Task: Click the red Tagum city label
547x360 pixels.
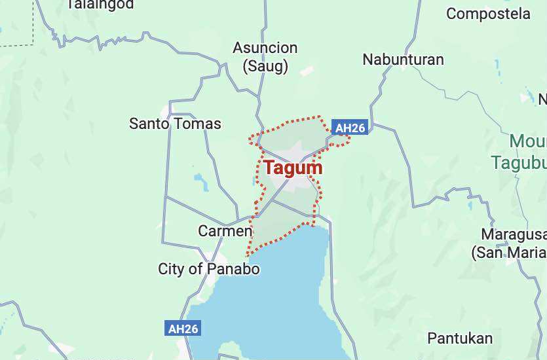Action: (x=293, y=168)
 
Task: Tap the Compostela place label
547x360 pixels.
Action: (x=488, y=13)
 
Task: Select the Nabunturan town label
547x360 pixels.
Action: (x=403, y=60)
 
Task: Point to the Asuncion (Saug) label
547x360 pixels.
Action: (x=265, y=56)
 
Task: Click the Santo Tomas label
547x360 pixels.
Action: (x=175, y=123)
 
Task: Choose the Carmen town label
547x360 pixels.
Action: (x=225, y=231)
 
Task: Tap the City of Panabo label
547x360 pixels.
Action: (x=209, y=269)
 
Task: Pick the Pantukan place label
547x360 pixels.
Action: (x=460, y=338)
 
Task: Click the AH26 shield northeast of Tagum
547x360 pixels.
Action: (x=349, y=128)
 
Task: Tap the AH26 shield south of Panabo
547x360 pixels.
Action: (x=183, y=329)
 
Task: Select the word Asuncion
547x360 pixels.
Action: (x=265, y=48)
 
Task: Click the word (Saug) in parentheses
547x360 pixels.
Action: (x=265, y=65)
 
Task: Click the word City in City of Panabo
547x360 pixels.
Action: (x=172, y=269)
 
